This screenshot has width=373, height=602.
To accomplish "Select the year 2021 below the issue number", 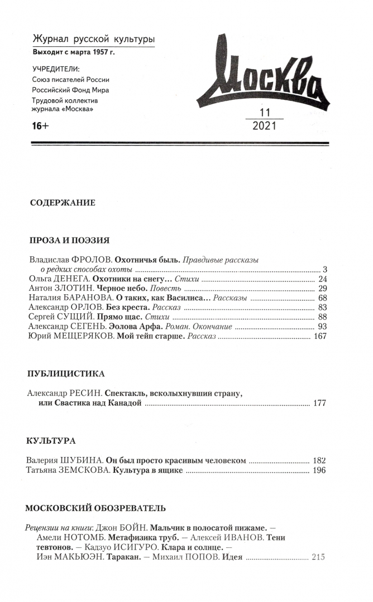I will [264, 126].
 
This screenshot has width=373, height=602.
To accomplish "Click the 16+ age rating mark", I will [41, 127].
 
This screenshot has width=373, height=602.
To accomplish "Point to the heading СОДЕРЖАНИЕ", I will [63, 203].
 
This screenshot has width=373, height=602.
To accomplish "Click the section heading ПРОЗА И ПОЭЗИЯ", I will [69, 241].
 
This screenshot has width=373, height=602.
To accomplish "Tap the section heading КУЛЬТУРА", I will [51, 441].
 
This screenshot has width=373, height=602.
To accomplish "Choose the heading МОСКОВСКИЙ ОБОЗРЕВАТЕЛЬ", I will [96, 508].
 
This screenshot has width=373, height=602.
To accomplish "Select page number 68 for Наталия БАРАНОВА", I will [322, 298].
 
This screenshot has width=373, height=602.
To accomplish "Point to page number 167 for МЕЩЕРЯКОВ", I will [319, 336].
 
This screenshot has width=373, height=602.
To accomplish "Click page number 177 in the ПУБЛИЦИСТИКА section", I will [319, 403].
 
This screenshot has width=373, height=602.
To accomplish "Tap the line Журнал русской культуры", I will [93, 39].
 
